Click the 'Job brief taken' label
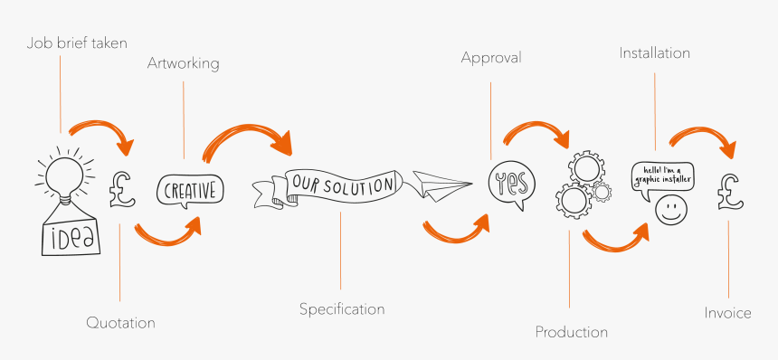click(x=77, y=43)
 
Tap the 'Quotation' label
click(x=120, y=322)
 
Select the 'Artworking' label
click(x=183, y=63)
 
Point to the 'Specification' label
click(x=342, y=309)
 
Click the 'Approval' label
click(x=491, y=58)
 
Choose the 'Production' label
click(x=571, y=332)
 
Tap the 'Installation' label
click(x=654, y=53)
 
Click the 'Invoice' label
click(x=727, y=313)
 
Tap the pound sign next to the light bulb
click(x=122, y=186)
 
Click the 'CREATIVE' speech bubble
click(x=190, y=191)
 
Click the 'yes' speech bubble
click(x=511, y=183)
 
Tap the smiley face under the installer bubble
click(x=670, y=212)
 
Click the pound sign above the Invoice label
click(x=730, y=190)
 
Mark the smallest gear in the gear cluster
click(x=602, y=192)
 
